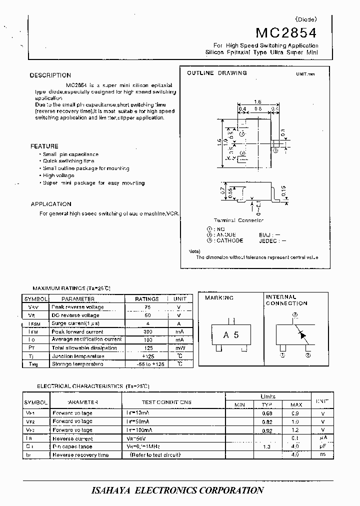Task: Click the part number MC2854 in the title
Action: [286, 33]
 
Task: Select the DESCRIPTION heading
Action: [50, 75]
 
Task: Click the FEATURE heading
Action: [44, 146]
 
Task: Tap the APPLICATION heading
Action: [51, 204]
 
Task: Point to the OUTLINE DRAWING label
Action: [216, 73]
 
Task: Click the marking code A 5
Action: [230, 335]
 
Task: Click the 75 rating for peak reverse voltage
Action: [147, 307]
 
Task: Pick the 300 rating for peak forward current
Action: [147, 331]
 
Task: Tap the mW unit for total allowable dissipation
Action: [179, 347]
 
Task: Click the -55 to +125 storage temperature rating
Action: [147, 364]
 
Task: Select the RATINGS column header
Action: [147, 298]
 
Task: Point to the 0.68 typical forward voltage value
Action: [267, 413]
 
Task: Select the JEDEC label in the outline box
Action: [268, 240]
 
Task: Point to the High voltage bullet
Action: [58, 175]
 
